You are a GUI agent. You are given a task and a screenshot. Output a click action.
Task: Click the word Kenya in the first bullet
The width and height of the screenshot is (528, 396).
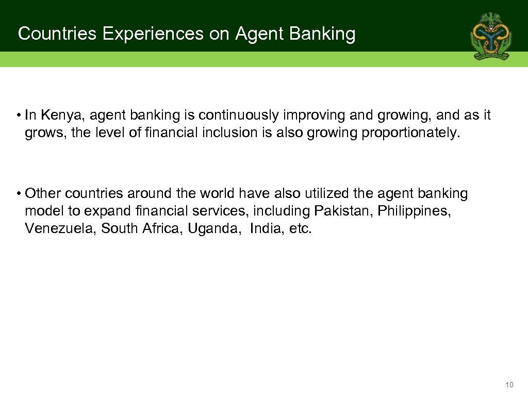point(54,115)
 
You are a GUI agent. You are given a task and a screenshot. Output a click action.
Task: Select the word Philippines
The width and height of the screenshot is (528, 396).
point(410,211)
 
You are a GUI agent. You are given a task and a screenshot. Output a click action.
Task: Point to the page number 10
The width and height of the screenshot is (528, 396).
point(509,385)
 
